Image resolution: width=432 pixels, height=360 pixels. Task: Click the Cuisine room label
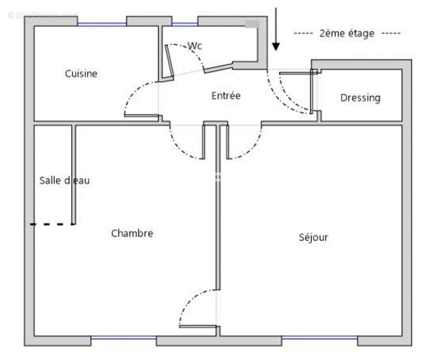click(81, 73)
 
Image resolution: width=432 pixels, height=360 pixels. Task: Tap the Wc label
click(195, 46)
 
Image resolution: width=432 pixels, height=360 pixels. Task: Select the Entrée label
click(226, 96)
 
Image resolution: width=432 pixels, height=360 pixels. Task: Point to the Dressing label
click(360, 98)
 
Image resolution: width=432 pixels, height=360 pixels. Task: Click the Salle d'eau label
click(64, 180)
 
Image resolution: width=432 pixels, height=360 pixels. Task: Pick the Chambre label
click(132, 233)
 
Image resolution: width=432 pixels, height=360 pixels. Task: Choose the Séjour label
click(313, 237)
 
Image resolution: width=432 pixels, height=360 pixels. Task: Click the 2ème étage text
click(346, 33)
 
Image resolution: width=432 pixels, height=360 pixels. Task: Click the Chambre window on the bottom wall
click(124, 337)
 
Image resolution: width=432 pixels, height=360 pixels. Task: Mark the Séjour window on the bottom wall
click(319, 337)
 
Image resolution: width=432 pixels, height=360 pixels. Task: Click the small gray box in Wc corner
click(252, 23)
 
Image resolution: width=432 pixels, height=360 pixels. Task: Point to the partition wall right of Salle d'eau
click(74, 175)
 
